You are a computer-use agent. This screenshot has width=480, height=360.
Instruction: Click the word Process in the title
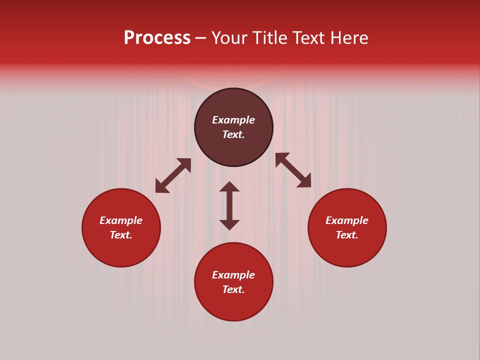pos(157,38)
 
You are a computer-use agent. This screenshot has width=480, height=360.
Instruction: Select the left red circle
pos(121,250)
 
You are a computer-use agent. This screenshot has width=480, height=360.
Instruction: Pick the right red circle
pos(347,250)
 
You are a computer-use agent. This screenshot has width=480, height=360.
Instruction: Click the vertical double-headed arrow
pos(229,205)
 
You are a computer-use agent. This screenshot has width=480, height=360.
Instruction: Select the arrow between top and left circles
pos(173,175)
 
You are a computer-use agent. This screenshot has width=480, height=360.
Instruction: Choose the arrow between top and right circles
pos(293,170)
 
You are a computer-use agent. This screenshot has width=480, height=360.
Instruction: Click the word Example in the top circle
pos(233,120)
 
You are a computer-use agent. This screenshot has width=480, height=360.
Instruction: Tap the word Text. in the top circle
pos(233,134)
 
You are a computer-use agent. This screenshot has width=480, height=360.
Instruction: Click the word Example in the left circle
pos(121,220)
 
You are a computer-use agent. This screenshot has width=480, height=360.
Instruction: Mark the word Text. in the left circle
pos(121,235)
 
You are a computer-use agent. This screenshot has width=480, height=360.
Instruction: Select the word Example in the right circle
pos(347,220)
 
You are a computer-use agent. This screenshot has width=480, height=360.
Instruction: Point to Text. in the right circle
pos(347,235)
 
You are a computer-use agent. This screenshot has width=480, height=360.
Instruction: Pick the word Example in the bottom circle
pos(233,275)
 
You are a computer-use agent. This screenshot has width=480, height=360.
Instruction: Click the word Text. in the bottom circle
pos(233,289)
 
